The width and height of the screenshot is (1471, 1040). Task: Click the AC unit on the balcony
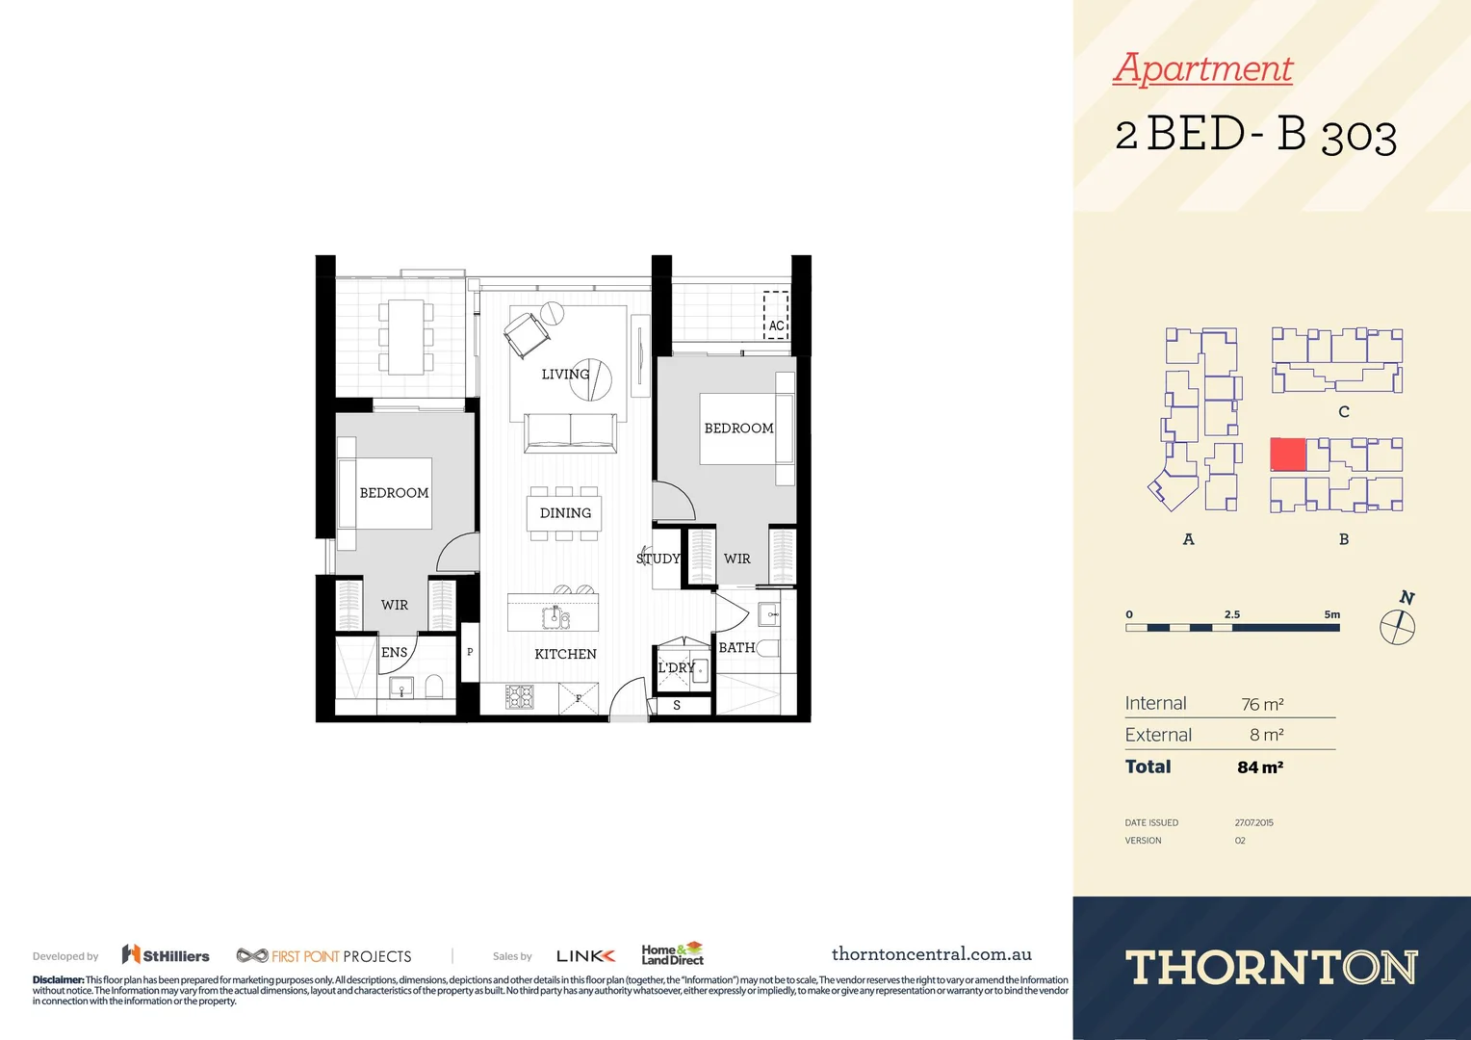[x=776, y=315]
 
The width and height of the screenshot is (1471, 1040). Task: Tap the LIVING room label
[x=565, y=374]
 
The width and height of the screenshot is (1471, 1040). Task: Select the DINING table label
[x=565, y=513]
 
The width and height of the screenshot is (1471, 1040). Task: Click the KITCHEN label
[x=565, y=654]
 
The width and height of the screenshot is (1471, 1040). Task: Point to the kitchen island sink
[x=555, y=616]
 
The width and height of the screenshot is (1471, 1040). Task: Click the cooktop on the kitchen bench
[x=520, y=696]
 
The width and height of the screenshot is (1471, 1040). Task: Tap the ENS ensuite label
[x=395, y=652]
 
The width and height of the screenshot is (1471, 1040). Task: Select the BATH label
[x=736, y=648]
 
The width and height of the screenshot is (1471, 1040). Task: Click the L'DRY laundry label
[x=676, y=667]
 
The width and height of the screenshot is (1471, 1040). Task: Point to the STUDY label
[x=658, y=559]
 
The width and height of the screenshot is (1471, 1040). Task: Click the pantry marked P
[x=470, y=652]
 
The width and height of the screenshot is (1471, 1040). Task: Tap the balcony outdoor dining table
[x=406, y=336]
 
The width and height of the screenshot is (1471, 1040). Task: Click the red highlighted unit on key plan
[x=1288, y=455]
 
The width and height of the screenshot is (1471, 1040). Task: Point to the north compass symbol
[x=1398, y=626]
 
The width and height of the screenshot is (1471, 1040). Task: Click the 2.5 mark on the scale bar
[x=1232, y=614]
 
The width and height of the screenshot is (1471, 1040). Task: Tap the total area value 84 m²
[x=1260, y=767]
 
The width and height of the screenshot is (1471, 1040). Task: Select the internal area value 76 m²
[x=1262, y=704]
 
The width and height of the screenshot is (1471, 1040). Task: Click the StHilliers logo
[x=166, y=955]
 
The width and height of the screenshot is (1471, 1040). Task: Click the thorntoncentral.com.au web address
[x=931, y=954]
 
